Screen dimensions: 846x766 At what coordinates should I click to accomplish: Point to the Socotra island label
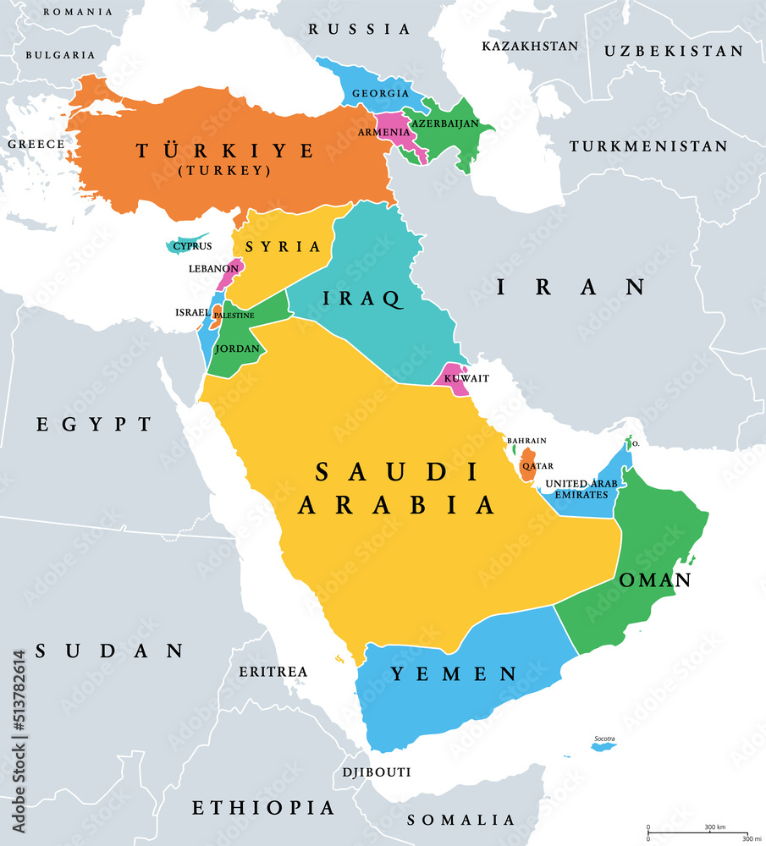[603, 738]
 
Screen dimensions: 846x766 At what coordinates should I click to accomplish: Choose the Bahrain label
[526, 440]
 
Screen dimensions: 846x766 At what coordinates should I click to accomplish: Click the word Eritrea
[273, 671]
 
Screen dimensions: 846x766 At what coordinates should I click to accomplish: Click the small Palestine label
[233, 315]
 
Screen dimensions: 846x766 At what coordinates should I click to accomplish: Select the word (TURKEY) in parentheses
[225, 170]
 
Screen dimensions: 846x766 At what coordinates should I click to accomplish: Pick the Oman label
[655, 580]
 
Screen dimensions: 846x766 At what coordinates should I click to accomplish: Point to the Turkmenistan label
[648, 146]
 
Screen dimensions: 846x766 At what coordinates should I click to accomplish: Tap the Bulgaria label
[60, 54]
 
